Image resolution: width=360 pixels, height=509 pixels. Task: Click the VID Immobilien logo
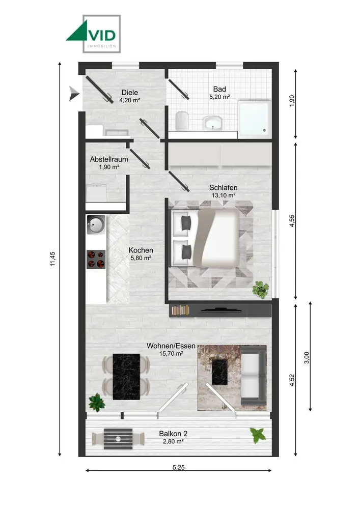pos(93,34)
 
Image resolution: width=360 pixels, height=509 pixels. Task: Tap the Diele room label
pos(129,93)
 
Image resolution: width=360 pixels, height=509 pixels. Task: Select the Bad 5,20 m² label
pos(220,93)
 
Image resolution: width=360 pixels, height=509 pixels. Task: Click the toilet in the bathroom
pos(182,121)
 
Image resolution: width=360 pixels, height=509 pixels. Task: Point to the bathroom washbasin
pos(213,123)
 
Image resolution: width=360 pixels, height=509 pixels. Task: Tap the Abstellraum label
pos(109,159)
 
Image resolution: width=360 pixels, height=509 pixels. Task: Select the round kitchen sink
pos(96,224)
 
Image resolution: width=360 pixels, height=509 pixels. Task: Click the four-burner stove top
pos(96,259)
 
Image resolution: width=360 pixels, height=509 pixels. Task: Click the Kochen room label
pos(141,250)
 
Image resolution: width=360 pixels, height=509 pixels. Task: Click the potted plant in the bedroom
pos(261,289)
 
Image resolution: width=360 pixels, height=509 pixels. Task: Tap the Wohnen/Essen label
pos(171,346)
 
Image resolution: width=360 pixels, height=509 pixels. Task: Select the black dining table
pos(126,377)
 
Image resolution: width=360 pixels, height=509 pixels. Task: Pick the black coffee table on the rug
pos(220,372)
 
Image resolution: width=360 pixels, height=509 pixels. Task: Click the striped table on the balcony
pos(118,439)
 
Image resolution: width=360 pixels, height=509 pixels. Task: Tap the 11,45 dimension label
pos(53,259)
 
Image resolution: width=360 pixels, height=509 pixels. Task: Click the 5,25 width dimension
pos(179,467)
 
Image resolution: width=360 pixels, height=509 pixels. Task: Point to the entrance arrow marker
pos(74,94)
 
